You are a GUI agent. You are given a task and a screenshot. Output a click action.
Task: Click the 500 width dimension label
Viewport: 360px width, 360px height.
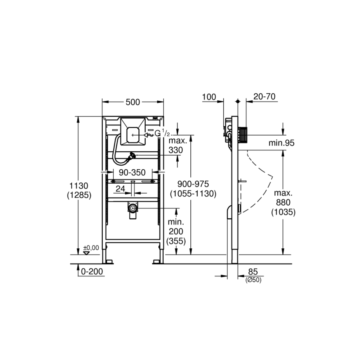point(133,102)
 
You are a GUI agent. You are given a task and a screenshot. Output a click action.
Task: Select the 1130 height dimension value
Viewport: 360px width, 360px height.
point(79,186)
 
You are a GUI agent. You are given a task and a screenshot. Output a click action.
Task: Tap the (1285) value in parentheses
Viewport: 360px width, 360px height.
point(79,195)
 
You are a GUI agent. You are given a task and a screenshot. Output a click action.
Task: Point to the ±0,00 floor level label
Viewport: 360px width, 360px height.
point(91,248)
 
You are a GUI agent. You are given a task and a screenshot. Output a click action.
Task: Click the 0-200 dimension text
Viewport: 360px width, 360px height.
point(92,271)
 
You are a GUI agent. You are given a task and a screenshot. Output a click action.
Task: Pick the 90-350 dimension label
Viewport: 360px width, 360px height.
point(132,172)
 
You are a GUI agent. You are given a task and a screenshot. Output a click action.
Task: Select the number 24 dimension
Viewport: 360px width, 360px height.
point(120,189)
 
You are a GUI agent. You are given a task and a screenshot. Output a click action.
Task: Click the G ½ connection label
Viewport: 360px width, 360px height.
point(162,133)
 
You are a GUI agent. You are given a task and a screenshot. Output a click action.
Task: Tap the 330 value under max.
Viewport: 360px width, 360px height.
point(176,150)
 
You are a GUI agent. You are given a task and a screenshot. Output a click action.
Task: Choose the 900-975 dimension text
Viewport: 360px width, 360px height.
point(193,184)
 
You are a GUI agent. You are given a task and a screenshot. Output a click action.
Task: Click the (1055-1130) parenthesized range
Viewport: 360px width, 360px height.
point(193,194)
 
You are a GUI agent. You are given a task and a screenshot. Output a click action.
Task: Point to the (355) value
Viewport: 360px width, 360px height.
point(176,241)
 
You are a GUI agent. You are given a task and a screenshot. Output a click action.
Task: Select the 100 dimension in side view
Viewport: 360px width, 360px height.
point(209,97)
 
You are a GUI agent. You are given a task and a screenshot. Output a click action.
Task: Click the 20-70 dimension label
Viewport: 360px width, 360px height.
point(264,97)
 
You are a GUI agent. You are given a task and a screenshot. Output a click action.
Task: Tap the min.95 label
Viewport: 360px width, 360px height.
point(282,143)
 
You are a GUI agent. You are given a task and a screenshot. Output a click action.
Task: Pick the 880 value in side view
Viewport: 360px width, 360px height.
point(283,202)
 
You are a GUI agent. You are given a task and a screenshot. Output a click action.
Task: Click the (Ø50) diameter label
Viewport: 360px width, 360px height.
point(254,280)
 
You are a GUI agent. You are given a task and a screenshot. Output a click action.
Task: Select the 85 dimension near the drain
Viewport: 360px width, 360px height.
point(253,272)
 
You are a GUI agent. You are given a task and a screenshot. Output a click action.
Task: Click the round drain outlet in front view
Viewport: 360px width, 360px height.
point(132,208)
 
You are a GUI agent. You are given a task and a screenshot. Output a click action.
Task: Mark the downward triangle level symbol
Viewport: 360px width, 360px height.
point(86,253)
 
